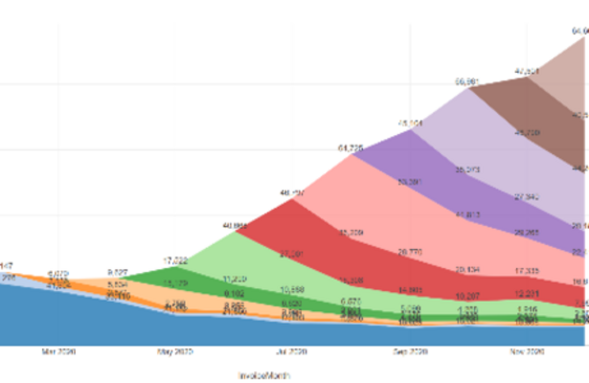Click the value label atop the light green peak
tap(234, 226)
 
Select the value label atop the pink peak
tap(350, 147)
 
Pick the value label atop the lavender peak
tap(467, 81)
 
